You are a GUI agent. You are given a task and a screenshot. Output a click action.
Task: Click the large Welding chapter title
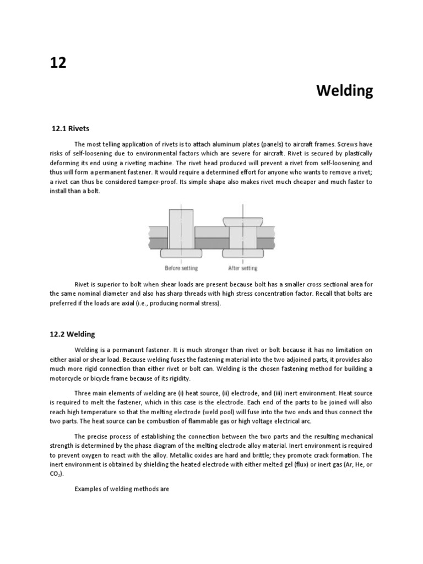[345, 91]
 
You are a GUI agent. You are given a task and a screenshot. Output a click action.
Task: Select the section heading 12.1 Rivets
[70, 128]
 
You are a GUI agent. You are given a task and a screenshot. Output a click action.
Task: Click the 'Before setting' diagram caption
[181, 268]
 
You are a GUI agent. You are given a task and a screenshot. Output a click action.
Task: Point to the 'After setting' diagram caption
[242, 268]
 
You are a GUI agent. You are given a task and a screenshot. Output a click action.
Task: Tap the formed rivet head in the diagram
[242, 221]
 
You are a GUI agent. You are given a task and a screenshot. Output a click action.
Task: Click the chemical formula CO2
[56, 474]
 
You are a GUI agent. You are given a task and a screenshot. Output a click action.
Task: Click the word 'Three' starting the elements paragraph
[84, 393]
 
